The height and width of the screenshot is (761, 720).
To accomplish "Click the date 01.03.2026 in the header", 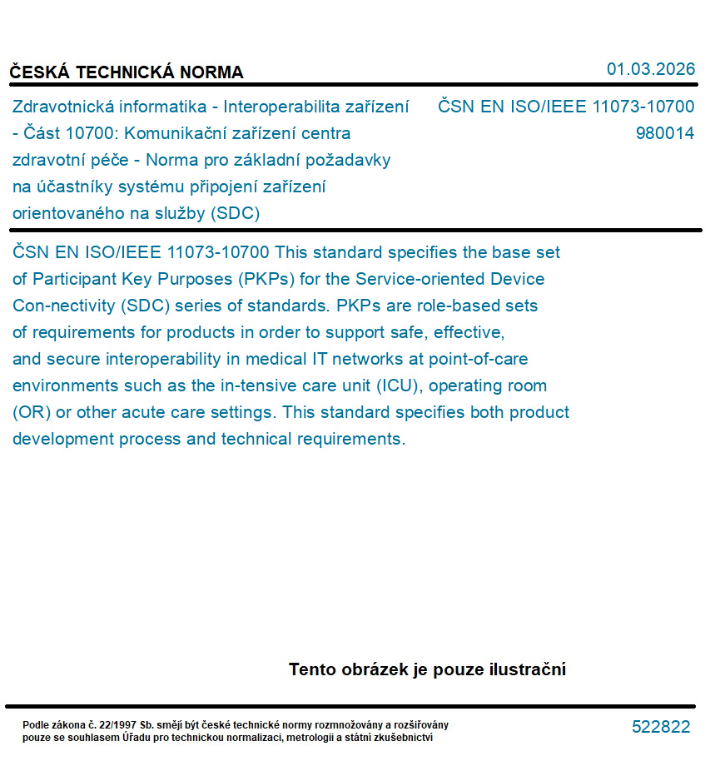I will (650, 69).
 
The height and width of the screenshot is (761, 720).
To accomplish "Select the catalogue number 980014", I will (664, 133).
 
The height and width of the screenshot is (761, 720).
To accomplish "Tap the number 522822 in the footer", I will (661, 727).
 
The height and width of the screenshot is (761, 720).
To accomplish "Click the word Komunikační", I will (190, 133).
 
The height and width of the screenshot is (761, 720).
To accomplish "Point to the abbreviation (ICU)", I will (399, 385).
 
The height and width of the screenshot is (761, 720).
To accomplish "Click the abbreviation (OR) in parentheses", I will (30, 412).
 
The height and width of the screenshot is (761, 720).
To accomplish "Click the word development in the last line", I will (62, 439).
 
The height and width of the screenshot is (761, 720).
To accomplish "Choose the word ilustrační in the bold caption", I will (526, 669).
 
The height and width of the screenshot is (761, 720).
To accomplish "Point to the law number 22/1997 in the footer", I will (113, 725).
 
